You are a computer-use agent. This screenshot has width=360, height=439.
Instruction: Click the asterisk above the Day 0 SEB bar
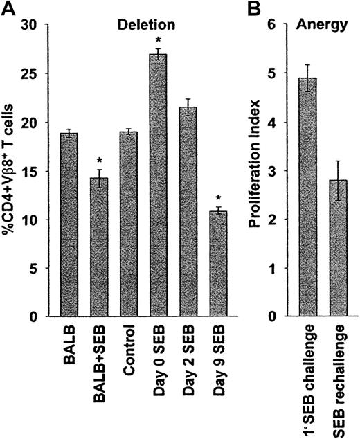click(x=158, y=41)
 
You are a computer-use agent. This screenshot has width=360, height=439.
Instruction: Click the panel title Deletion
click(x=155, y=22)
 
